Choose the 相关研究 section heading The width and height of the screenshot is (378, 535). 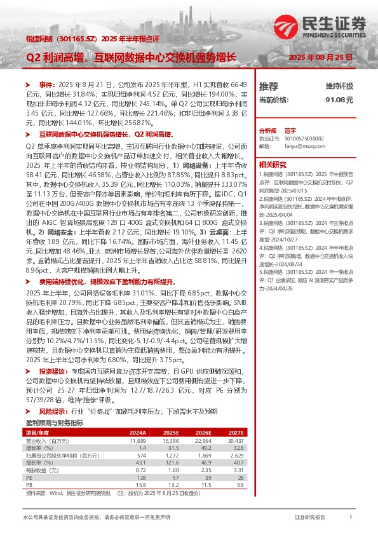(x=274, y=163)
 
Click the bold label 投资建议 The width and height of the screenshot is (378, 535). (x=53, y=370)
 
